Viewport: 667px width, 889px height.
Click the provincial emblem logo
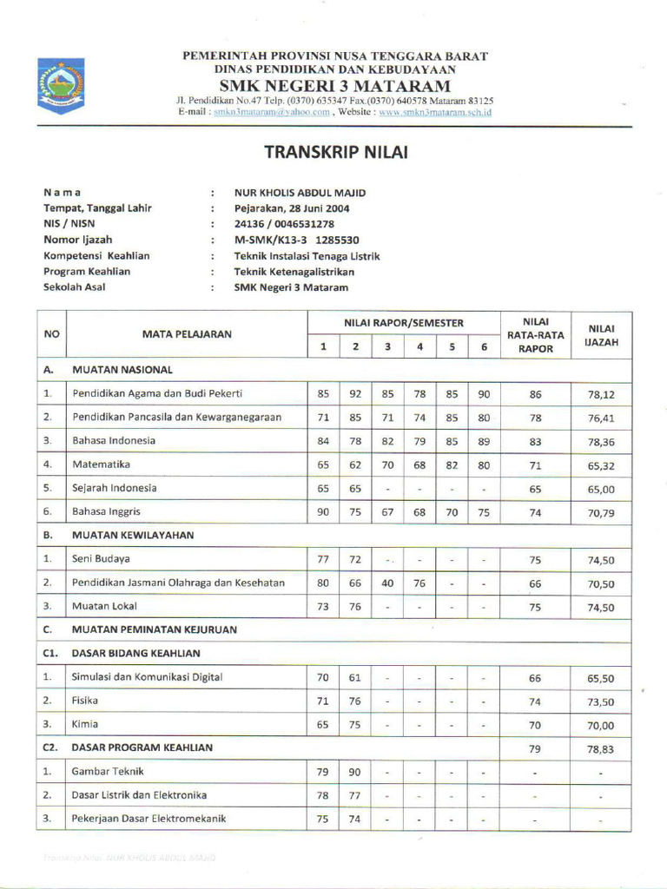point(61,86)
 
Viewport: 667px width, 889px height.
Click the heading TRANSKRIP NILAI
point(334,153)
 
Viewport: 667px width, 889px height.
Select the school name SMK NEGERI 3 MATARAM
point(334,85)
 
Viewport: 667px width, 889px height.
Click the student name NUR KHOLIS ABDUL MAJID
point(300,192)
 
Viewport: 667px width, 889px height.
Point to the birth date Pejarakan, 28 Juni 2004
point(292,208)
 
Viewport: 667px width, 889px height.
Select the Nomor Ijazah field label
point(78,240)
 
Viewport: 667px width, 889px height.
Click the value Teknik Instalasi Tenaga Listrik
point(307,256)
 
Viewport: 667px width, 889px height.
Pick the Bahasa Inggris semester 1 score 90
point(323,512)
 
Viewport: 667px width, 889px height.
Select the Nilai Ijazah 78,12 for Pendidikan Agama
point(601,394)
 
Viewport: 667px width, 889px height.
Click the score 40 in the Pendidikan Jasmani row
point(387,583)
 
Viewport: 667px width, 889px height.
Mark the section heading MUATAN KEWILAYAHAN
point(132,536)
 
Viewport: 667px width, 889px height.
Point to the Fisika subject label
point(85,700)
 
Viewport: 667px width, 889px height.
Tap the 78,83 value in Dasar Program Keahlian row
point(601,747)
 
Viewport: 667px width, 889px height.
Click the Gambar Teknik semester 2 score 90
point(355,771)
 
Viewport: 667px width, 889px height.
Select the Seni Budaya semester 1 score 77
point(323,559)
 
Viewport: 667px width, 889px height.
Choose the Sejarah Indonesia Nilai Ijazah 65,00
point(601,489)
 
